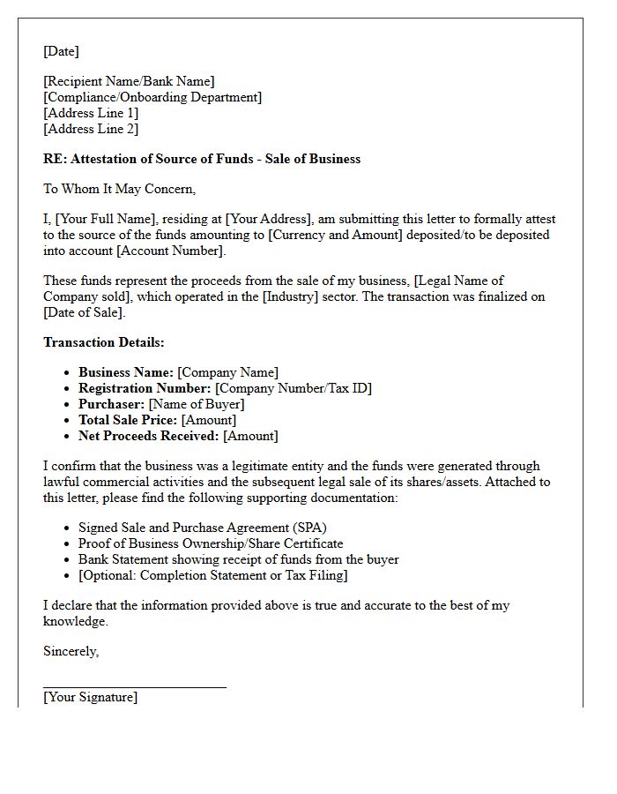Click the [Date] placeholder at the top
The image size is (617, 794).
point(61,51)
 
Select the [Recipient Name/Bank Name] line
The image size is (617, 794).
point(129,82)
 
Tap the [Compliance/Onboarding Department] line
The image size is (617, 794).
point(152,98)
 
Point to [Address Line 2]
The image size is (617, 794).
point(91,129)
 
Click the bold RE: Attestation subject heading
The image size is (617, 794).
point(202,160)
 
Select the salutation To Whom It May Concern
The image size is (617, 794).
point(119,189)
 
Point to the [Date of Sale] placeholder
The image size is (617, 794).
point(84,313)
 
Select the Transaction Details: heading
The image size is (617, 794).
point(104,342)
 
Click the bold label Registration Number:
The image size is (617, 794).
point(145,388)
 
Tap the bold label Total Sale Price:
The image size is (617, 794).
point(128,420)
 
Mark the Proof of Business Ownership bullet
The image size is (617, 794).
point(211,543)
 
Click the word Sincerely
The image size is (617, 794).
point(71,652)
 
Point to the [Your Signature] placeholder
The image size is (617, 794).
point(90,697)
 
